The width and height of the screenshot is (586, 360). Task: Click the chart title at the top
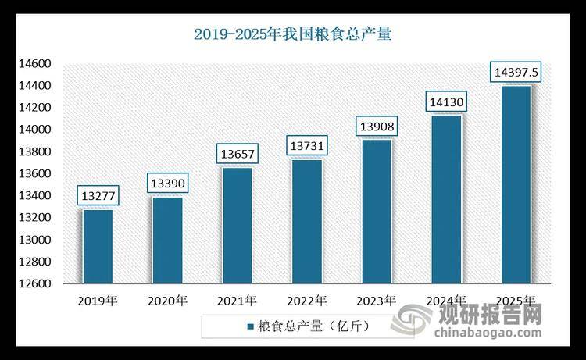[x=293, y=34]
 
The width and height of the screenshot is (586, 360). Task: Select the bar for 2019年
[x=98, y=246]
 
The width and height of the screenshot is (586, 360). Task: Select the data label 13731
[x=306, y=145]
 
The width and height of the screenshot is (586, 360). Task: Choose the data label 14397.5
[x=515, y=73]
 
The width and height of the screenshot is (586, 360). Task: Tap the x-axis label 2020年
[x=167, y=300]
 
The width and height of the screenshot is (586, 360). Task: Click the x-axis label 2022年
[x=306, y=300]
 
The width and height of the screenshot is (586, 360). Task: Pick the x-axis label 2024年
[x=445, y=300]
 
